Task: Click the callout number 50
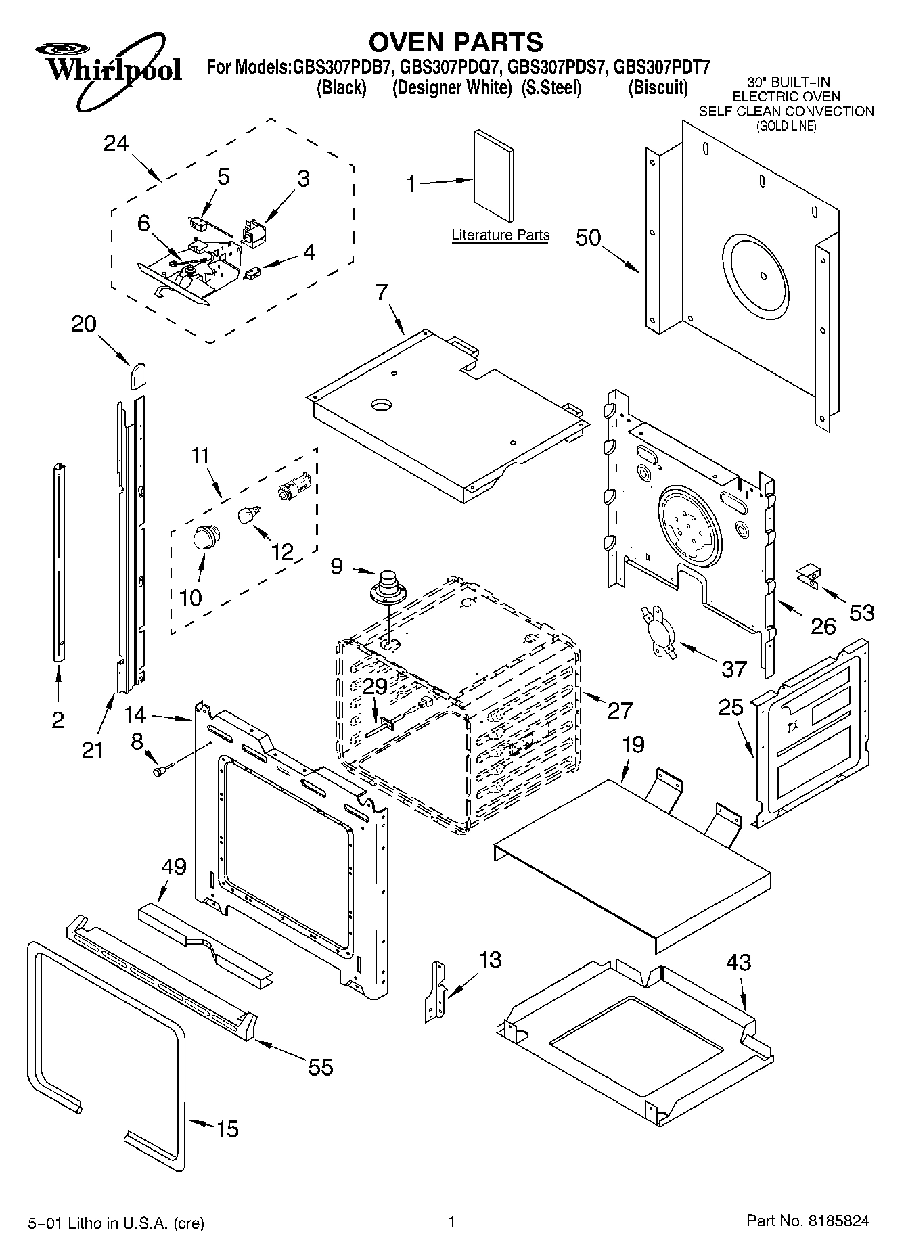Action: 589,237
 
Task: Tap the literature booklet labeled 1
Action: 493,176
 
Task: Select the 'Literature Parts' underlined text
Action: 500,235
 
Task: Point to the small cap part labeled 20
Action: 137,374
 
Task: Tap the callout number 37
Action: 733,668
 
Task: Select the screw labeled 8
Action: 163,769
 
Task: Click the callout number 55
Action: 320,1067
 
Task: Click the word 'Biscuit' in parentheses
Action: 658,88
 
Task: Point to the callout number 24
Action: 116,143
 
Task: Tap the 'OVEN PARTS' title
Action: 455,42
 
